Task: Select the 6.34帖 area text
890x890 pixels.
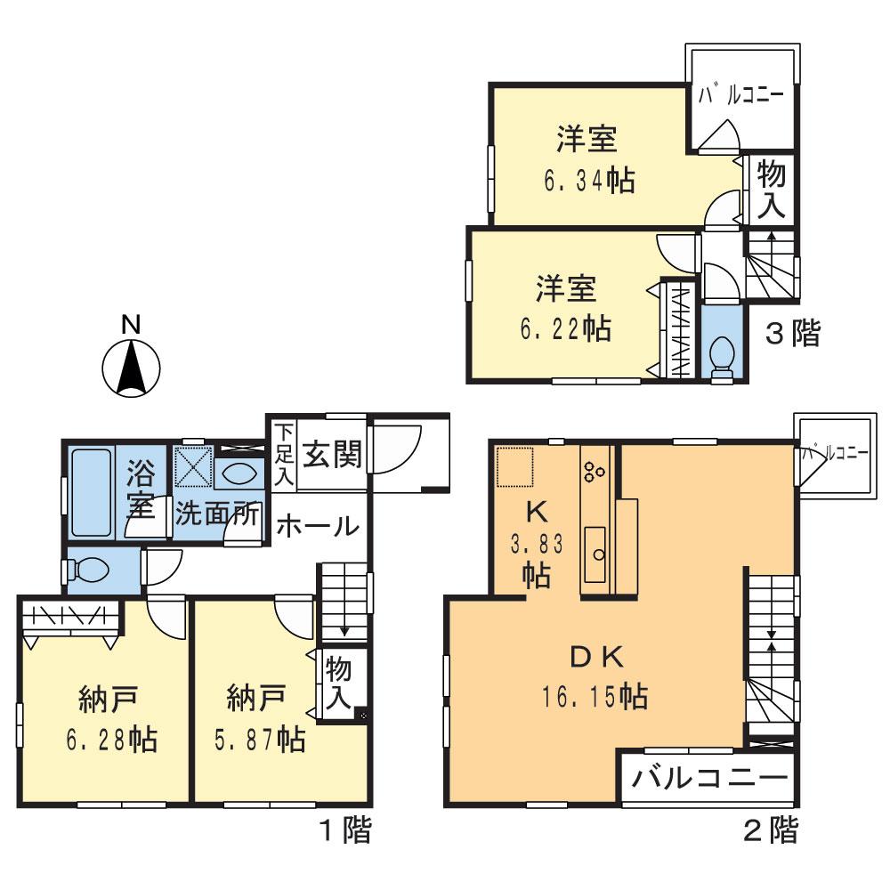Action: tap(588, 181)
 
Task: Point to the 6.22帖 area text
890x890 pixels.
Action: tap(565, 328)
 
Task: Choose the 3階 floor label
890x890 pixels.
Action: tap(792, 334)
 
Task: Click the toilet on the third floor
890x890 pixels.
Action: tap(722, 355)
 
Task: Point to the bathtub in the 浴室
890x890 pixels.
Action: tap(91, 492)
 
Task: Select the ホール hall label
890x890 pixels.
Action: tap(317, 527)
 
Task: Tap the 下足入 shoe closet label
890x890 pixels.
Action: tap(281, 454)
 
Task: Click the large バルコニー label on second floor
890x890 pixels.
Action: tap(709, 780)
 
